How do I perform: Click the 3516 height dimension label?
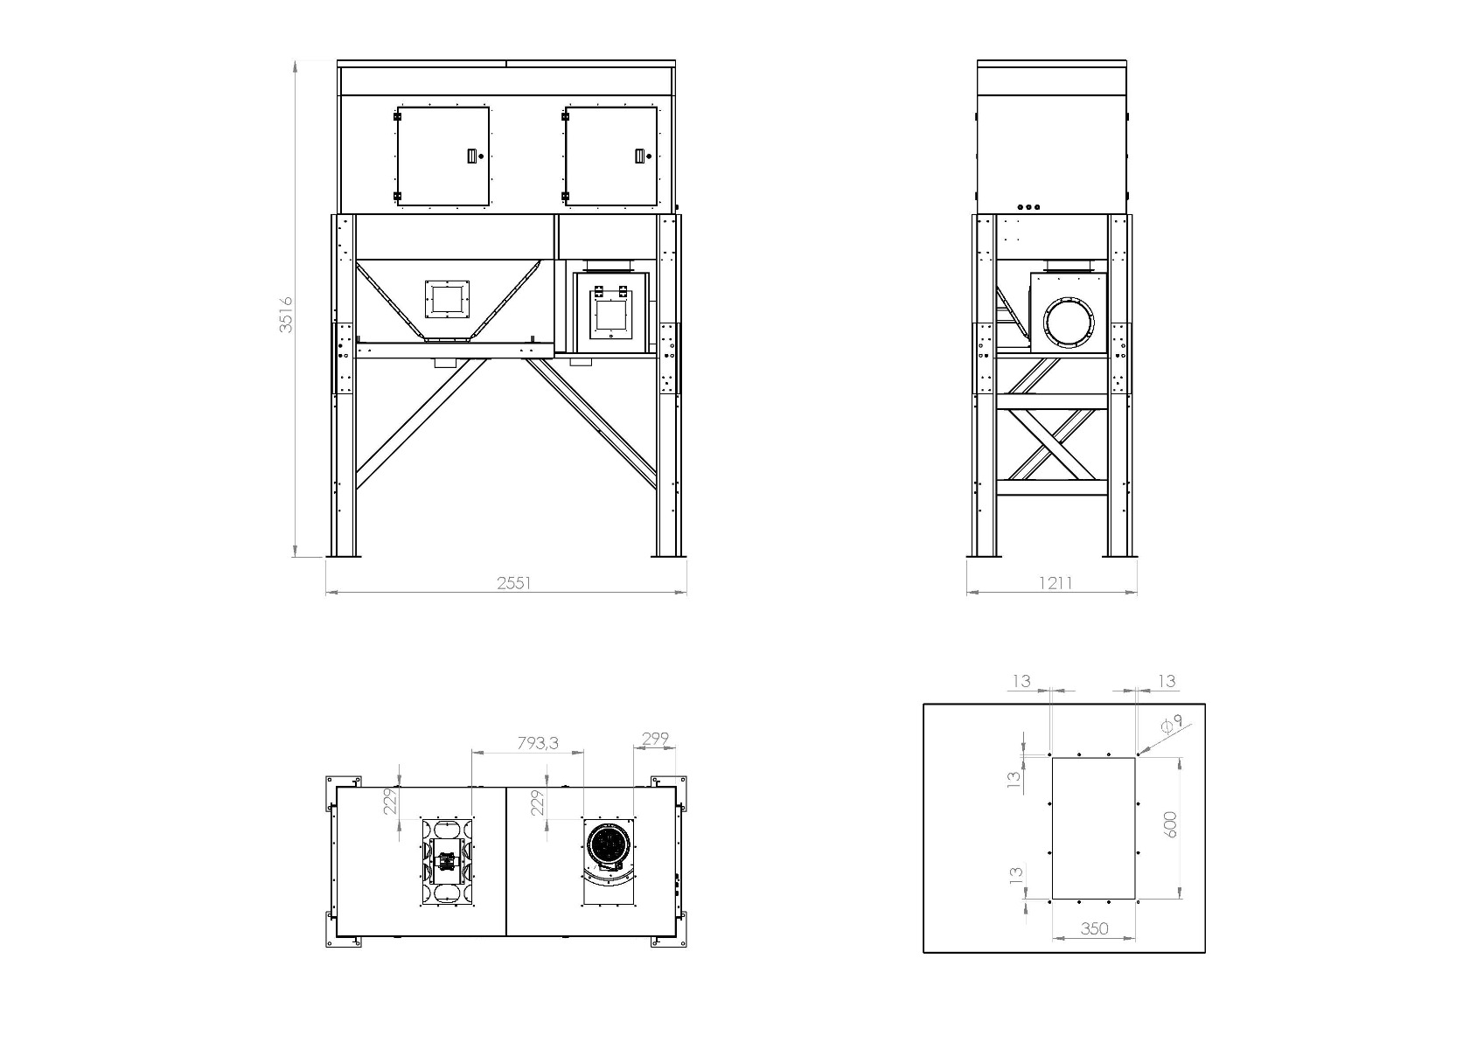click(286, 315)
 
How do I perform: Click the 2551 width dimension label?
click(514, 583)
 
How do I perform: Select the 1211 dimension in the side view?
click(1056, 583)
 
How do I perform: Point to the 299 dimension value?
click(655, 739)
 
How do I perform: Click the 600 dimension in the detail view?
click(1172, 824)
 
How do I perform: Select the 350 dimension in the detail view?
click(1094, 928)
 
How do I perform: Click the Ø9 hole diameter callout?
click(1172, 724)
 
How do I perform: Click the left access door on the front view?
click(442, 156)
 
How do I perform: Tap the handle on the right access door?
click(638, 156)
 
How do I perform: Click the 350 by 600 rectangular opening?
click(1093, 828)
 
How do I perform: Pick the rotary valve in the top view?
click(447, 862)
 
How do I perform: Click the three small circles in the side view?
click(1029, 207)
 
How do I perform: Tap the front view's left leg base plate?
click(344, 555)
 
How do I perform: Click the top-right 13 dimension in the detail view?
click(1167, 681)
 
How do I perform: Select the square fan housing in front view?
click(611, 312)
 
